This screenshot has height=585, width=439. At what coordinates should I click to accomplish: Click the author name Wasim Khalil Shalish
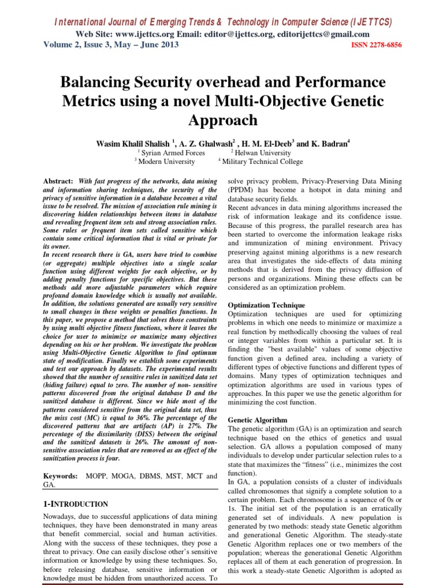tap(133, 144)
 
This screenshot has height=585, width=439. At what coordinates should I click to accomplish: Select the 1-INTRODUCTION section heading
tap(76, 504)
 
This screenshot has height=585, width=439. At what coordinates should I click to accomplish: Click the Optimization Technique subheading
tap(266, 306)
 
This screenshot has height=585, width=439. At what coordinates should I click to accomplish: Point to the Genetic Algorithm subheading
tap(257, 419)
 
